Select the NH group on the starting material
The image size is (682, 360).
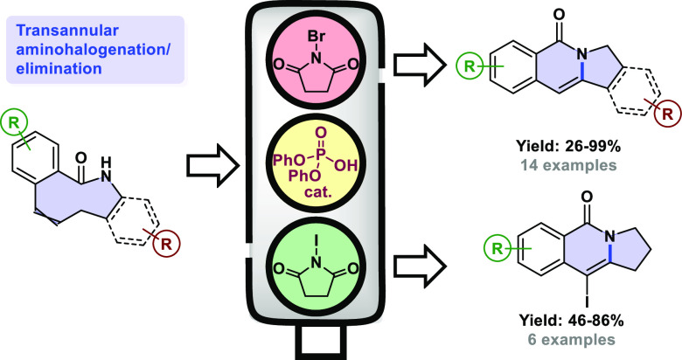click(x=104, y=183)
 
